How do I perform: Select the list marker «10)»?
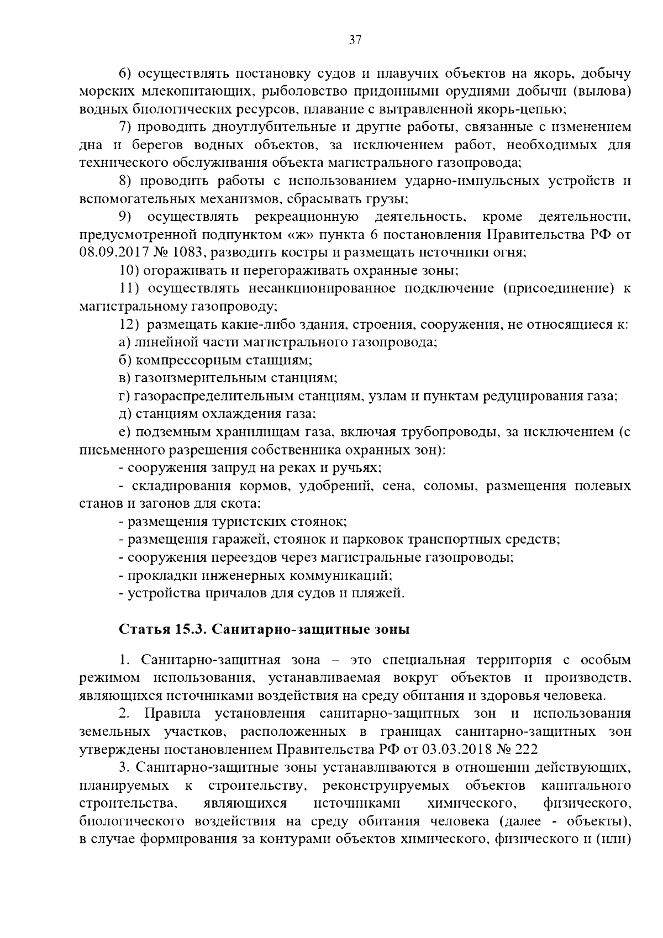[130, 271]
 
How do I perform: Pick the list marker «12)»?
[130, 324]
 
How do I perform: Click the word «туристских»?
[235, 521]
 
